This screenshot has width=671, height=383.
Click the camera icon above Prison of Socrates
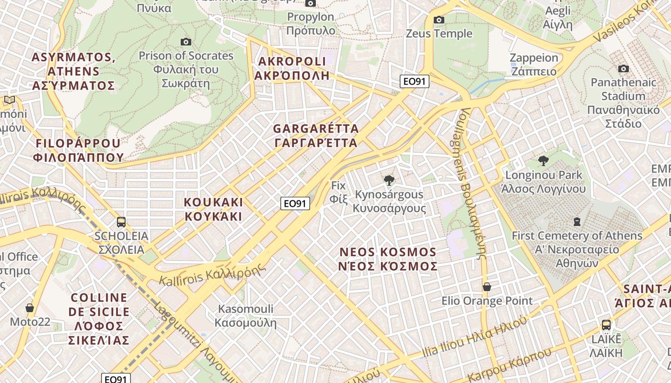tap(186, 42)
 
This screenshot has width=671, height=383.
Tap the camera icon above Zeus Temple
tap(439, 20)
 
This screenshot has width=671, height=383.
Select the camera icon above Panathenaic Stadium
tap(623, 69)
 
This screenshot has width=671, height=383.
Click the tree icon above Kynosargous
tap(389, 180)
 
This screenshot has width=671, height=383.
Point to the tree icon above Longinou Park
tap(543, 160)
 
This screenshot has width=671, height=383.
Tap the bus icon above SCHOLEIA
tap(121, 222)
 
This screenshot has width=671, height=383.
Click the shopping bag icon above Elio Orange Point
tap(487, 287)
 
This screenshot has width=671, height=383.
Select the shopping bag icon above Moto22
tap(30, 308)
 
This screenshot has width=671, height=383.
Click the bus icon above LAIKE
tap(606, 325)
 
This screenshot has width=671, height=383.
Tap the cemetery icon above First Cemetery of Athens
tap(577, 222)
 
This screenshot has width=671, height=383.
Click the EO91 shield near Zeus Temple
tap(415, 81)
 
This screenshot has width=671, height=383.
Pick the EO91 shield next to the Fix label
tap(295, 203)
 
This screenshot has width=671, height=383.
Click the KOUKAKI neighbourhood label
tap(213, 209)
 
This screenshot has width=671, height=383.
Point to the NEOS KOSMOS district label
tap(388, 259)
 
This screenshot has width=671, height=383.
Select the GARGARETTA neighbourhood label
tap(316, 135)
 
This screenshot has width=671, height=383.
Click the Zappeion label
tap(534, 65)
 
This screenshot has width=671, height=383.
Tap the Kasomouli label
tap(245, 315)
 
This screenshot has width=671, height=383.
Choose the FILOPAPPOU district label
tap(78, 150)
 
